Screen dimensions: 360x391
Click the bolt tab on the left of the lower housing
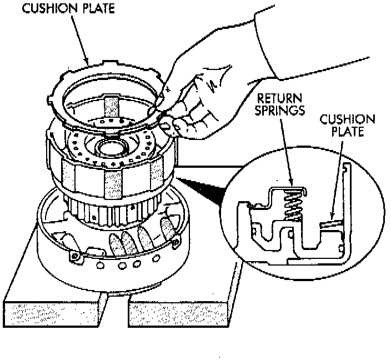(x=74, y=257)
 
